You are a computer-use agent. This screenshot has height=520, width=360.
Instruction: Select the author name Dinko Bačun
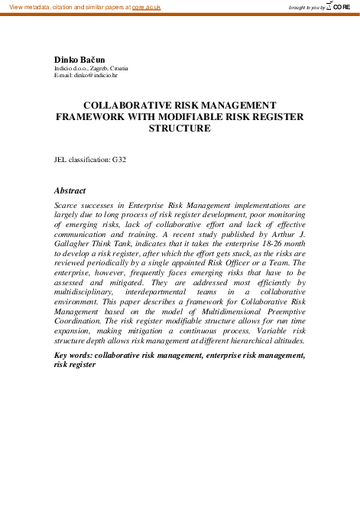pyautogui.click(x=79, y=59)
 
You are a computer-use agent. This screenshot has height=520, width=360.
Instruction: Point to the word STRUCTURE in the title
pyautogui.click(x=180, y=128)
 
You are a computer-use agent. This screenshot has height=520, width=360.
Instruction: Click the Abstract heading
pyautogui.click(x=70, y=190)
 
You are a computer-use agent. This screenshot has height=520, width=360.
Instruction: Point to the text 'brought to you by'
pyautogui.click(x=306, y=7)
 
